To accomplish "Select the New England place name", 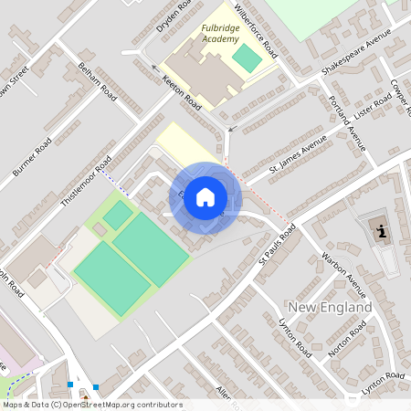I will [x=330, y=307].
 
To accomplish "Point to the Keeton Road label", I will [x=181, y=93].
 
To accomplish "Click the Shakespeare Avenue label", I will [x=355, y=52].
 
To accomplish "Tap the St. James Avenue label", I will [x=297, y=156].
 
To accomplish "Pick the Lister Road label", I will [x=373, y=108].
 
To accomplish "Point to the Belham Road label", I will [x=98, y=81].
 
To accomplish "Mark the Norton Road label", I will [x=347, y=340].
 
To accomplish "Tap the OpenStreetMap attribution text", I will [x=92, y=405].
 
